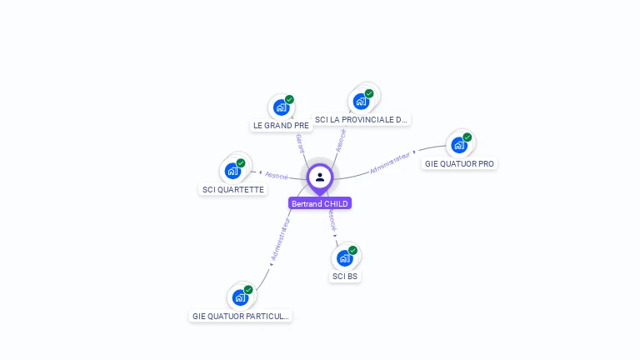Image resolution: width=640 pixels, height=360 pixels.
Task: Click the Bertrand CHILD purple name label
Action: pos(320,203)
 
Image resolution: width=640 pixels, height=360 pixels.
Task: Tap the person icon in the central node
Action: pos(320,177)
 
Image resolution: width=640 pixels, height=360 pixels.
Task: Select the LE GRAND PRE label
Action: pos(281,126)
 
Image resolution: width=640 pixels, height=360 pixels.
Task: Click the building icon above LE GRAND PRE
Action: pos(281,107)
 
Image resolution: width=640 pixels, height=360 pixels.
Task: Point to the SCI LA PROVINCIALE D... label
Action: pos(361,120)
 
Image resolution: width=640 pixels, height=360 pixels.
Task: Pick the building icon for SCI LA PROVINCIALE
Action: pos(361,102)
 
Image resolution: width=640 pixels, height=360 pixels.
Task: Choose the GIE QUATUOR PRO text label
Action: pos(459,163)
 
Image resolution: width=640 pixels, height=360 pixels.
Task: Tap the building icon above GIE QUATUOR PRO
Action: pos(458,145)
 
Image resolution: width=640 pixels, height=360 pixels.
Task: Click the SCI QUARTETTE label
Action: pos(233,189)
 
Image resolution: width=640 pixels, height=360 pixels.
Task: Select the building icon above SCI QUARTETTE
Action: pos(232,171)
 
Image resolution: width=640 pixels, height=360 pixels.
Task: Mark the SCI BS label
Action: pos(345,276)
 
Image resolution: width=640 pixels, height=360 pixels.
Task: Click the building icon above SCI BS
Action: pos(344,257)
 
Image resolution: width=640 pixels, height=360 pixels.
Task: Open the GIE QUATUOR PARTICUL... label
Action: pos(241,316)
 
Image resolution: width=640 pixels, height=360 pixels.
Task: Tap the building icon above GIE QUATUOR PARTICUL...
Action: pos(240,297)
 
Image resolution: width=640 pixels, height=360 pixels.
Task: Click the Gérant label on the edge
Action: pos(300,142)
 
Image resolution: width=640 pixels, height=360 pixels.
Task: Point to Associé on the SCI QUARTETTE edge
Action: pos(276,176)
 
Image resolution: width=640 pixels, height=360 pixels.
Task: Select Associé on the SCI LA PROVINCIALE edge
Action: pos(342,139)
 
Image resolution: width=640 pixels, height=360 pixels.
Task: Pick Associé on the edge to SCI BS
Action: pos(331,219)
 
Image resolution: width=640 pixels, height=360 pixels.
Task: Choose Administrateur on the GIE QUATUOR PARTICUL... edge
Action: pos(280,239)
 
